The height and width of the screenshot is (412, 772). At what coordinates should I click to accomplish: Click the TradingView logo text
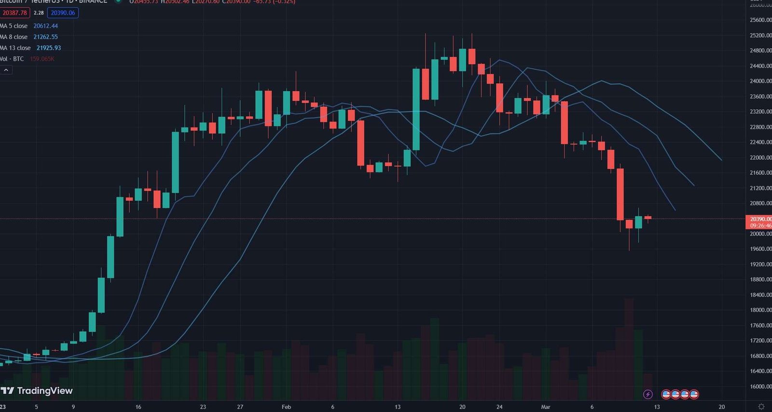tap(44, 391)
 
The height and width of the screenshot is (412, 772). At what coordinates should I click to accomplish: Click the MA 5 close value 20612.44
tap(45, 26)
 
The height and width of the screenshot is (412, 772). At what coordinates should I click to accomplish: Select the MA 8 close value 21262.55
tap(45, 37)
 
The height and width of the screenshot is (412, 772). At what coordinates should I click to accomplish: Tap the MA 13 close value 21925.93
tap(49, 48)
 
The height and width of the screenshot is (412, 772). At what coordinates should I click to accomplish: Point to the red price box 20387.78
tap(14, 13)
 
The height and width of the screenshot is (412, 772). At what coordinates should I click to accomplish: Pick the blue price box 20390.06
tap(63, 13)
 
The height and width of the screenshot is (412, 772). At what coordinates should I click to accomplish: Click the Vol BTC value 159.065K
tap(42, 59)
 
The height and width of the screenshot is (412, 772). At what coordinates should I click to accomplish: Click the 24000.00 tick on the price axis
tap(760, 81)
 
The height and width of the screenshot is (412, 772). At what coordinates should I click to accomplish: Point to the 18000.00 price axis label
tap(760, 310)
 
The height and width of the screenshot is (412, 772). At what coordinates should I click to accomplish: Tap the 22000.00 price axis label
tap(760, 158)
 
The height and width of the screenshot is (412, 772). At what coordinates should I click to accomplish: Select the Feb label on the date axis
tap(286, 407)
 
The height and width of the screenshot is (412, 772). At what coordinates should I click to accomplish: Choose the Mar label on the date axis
tap(545, 407)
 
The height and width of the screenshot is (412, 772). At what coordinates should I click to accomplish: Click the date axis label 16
tap(138, 407)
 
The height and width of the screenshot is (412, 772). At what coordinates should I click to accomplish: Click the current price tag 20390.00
tap(760, 219)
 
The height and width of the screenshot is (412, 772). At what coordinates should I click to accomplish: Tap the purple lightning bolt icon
tap(648, 395)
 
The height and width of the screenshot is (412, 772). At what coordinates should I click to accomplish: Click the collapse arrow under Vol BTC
tap(6, 70)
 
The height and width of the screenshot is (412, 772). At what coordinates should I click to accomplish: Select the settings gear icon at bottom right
tap(761, 407)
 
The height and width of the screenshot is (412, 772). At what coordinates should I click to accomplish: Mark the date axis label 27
tap(240, 407)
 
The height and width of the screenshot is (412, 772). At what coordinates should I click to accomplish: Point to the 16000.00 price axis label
tap(760, 386)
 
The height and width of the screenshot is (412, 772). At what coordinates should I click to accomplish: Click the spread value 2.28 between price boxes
tap(39, 13)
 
